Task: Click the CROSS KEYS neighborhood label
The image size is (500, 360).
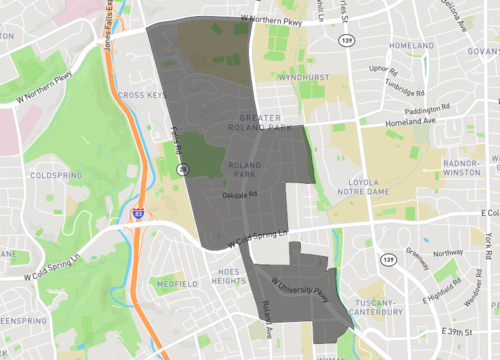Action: pyautogui.click(x=140, y=95)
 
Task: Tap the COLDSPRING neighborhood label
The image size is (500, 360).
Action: pyautogui.click(x=49, y=175)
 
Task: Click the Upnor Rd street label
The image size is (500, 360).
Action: pyautogui.click(x=384, y=69)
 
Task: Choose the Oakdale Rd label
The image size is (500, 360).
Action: pyautogui.click(x=241, y=194)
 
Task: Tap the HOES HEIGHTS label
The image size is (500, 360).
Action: pyautogui.click(x=229, y=277)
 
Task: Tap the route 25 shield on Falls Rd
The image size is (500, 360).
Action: pyautogui.click(x=181, y=170)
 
